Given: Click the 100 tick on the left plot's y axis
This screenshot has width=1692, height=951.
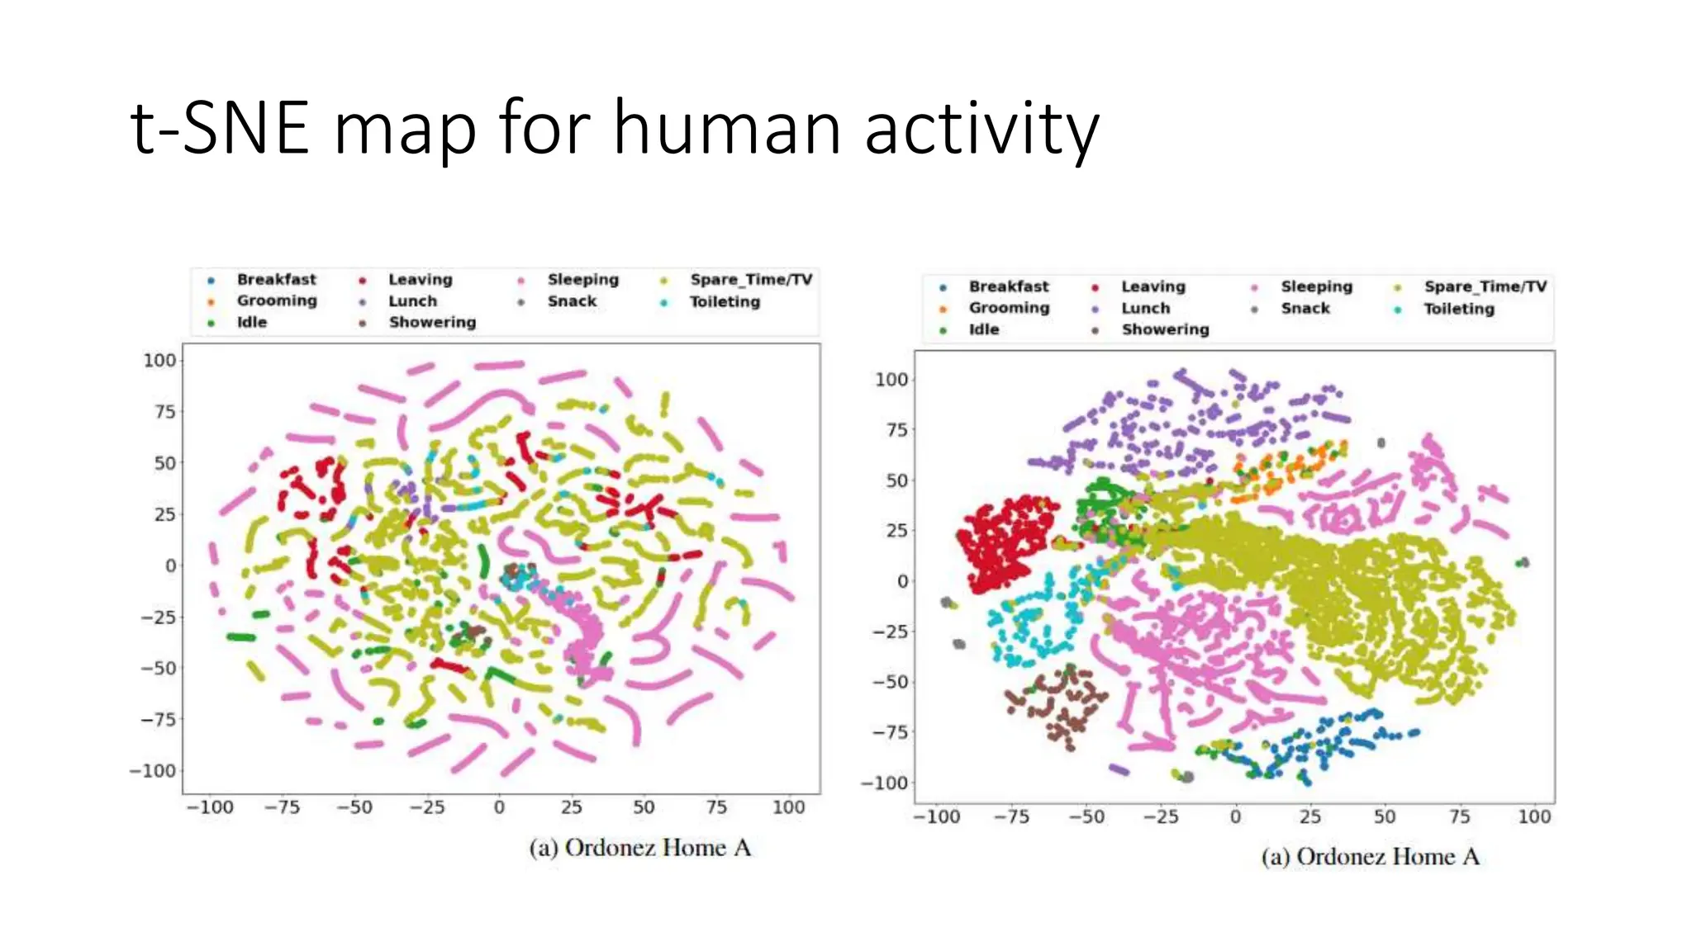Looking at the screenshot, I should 159,361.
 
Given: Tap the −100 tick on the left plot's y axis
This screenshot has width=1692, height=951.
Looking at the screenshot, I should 154,771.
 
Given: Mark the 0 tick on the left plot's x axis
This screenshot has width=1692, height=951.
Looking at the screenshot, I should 499,807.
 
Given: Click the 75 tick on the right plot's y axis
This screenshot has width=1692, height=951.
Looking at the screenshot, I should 896,430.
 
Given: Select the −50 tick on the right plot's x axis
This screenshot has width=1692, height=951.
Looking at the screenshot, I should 1086,817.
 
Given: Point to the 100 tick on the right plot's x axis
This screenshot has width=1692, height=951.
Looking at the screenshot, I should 1534,817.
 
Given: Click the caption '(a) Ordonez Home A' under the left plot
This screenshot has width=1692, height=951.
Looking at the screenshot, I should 640,849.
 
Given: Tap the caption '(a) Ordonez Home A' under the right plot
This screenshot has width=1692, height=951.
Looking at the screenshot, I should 1371,857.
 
